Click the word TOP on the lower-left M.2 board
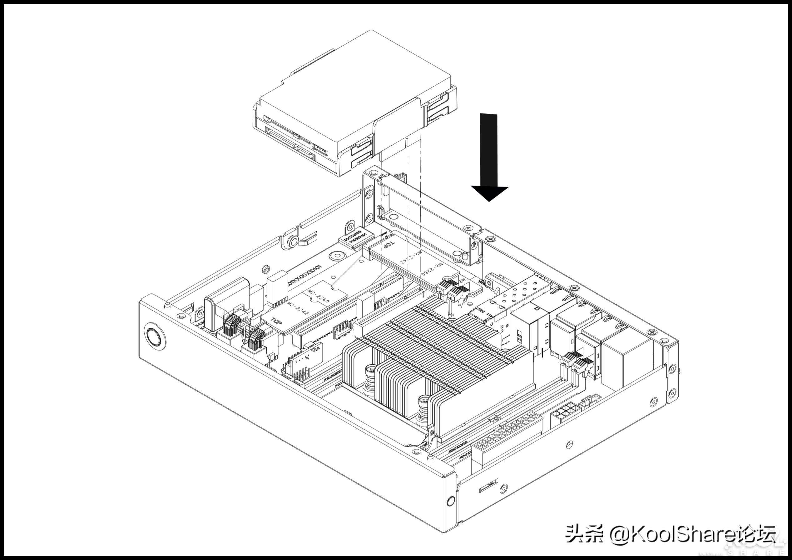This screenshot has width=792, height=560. pyautogui.click(x=276, y=321)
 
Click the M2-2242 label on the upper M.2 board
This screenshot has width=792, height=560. pyautogui.click(x=411, y=257)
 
